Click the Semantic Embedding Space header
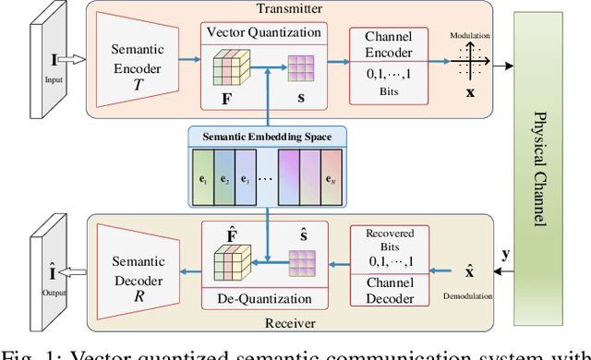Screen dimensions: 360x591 coord(269,137)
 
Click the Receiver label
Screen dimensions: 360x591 coord(290,325)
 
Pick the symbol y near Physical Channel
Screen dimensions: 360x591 coord(503,252)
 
